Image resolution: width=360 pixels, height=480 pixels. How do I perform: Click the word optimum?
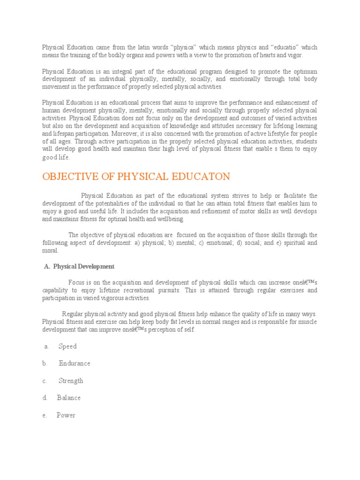(305, 71)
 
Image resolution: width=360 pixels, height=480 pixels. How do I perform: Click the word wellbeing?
(171, 219)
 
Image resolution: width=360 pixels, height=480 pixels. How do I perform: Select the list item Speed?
(67, 346)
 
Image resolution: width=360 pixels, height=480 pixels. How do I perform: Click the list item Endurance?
(75, 363)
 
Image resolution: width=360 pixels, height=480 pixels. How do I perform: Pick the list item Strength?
(71, 381)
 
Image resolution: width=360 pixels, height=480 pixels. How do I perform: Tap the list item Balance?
(69, 397)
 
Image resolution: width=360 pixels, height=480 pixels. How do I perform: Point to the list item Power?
(66, 415)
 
